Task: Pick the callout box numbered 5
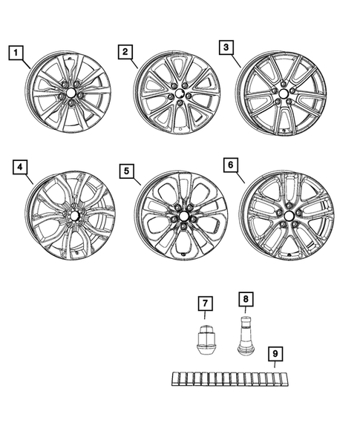pos(127,171)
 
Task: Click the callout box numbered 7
pos(205,303)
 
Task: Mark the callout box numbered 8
pos(244,299)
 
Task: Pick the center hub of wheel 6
pos(287,214)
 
